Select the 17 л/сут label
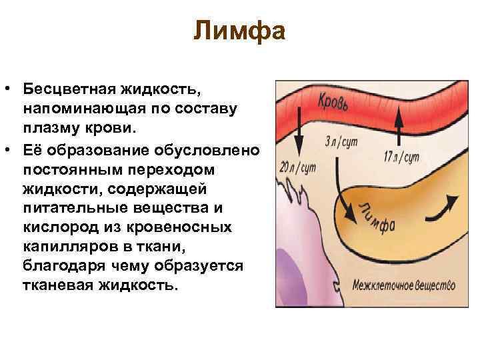click(402, 159)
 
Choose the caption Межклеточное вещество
click(404, 285)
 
